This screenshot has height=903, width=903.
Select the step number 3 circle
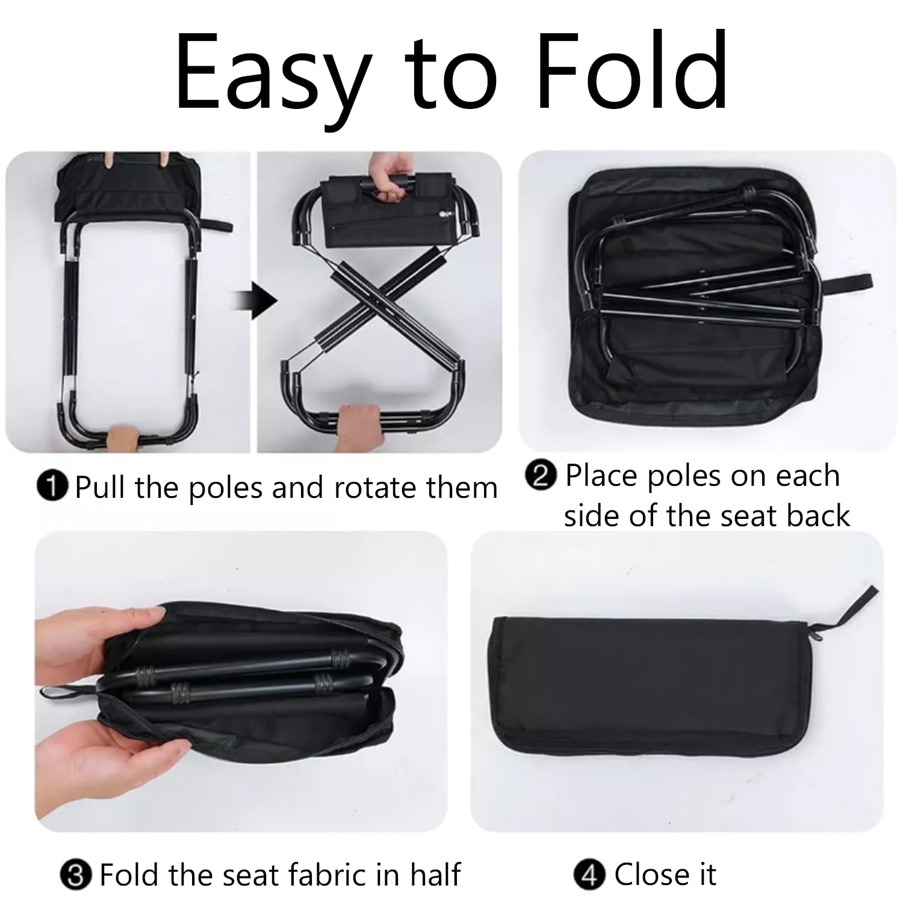point(76,875)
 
